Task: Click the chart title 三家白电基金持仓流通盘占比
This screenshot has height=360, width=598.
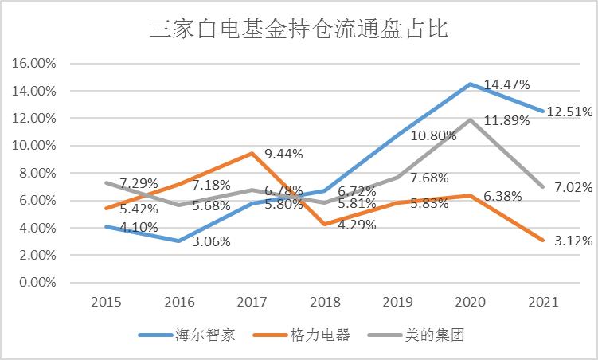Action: [299, 29]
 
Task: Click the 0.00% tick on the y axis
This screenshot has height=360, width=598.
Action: [33, 283]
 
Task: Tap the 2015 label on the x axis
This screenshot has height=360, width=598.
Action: [106, 303]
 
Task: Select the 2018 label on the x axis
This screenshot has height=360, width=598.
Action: [326, 303]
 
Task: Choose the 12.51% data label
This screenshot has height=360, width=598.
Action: [568, 112]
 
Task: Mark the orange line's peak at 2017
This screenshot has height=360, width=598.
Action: [252, 153]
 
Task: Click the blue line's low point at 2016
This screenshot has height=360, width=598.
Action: [179, 241]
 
